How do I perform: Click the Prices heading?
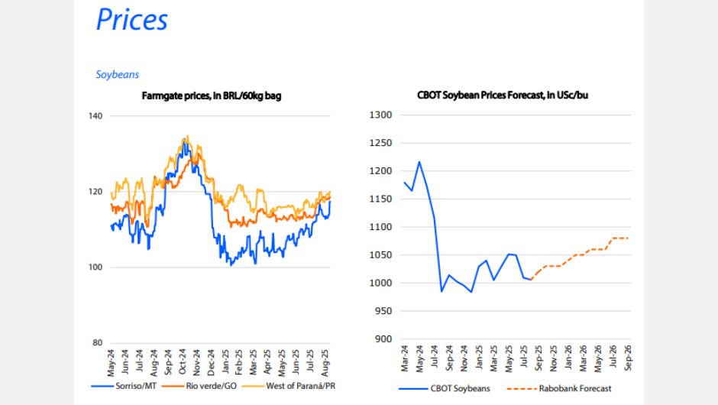[x=131, y=20]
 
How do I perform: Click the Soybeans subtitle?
[x=117, y=75]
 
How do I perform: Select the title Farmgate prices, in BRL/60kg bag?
[x=214, y=96]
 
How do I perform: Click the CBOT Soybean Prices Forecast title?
[x=503, y=96]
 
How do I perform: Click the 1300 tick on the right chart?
[x=380, y=115]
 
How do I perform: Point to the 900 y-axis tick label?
[x=382, y=339]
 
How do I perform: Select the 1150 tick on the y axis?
[x=380, y=199]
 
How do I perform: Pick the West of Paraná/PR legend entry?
[x=299, y=387]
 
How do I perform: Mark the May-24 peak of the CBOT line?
[x=419, y=162]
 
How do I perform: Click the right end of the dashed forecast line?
[x=629, y=238]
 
